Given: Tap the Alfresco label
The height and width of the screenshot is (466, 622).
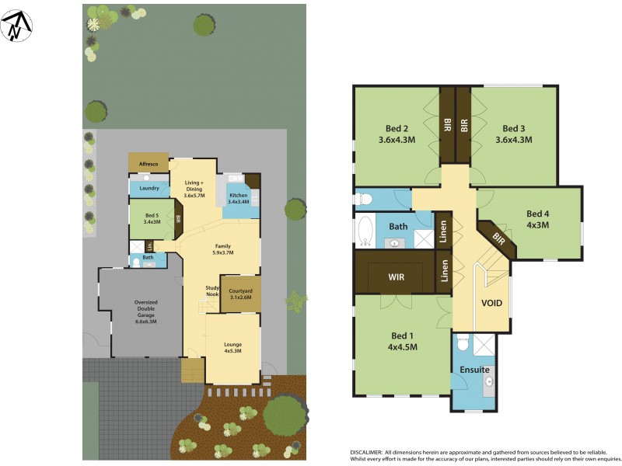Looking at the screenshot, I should pos(148,165).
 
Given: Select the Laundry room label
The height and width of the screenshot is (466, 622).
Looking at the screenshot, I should pos(149,188).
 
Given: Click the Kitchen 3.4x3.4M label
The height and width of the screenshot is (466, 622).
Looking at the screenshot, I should pos(238,198).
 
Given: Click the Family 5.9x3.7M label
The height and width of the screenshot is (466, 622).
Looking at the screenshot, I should pos(223,249).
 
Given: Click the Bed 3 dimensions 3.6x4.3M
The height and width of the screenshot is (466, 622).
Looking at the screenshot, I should pos(513,141).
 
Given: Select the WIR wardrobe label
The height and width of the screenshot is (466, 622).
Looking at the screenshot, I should pos(397,276).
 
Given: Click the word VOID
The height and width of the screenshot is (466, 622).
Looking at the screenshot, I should pos(491,303).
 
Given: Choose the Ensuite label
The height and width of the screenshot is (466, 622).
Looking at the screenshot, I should pos(473,370).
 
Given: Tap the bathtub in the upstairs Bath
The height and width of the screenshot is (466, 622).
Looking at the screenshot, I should pos(365,231).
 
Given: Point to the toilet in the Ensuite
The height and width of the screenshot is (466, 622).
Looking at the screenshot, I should pos(462,343).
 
